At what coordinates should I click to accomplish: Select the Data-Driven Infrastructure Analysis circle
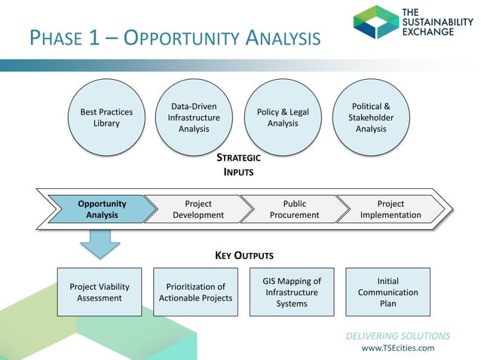[194, 117]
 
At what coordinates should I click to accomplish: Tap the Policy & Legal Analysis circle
[283, 117]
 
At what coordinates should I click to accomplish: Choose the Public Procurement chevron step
[294, 209]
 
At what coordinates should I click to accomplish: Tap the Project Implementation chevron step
[391, 209]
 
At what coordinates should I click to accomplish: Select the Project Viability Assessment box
[100, 292]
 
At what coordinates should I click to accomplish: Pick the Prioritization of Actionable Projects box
[195, 292]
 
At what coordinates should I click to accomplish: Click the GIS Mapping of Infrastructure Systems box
[291, 292]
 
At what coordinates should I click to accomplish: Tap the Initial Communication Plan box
[388, 292]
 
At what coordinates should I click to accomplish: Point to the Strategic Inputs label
[238, 165]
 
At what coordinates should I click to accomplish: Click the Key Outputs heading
[240, 255]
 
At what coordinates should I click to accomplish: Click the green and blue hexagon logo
[375, 22]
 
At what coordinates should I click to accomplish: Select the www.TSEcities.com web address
[398, 348]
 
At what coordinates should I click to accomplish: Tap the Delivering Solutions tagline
[398, 335]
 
